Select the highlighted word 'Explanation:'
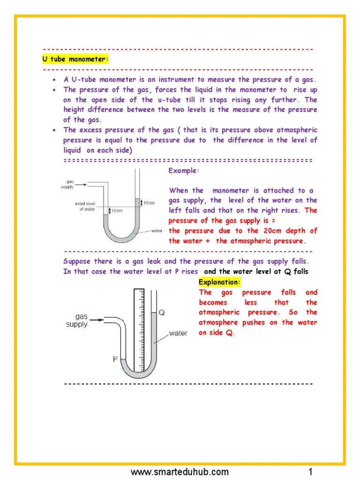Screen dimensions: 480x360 219,282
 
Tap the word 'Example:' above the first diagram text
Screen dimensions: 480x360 184,171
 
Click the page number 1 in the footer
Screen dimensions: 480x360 310,471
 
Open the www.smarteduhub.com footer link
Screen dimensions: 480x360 180,471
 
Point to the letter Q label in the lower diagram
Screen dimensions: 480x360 162,313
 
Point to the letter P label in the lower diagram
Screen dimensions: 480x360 114,359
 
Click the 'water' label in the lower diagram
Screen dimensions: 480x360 178,333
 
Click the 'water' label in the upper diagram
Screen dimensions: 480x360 157,231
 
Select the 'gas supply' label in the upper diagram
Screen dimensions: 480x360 67,184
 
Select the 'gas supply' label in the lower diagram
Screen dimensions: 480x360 76,320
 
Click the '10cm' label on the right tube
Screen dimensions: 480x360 149,202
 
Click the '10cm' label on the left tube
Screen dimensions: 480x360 117,211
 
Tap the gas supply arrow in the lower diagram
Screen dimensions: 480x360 97,320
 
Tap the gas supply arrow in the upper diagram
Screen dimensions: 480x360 81,185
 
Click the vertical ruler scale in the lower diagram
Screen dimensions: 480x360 138,328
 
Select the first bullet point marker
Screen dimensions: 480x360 55,80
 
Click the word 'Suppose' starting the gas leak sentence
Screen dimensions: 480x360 77,262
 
